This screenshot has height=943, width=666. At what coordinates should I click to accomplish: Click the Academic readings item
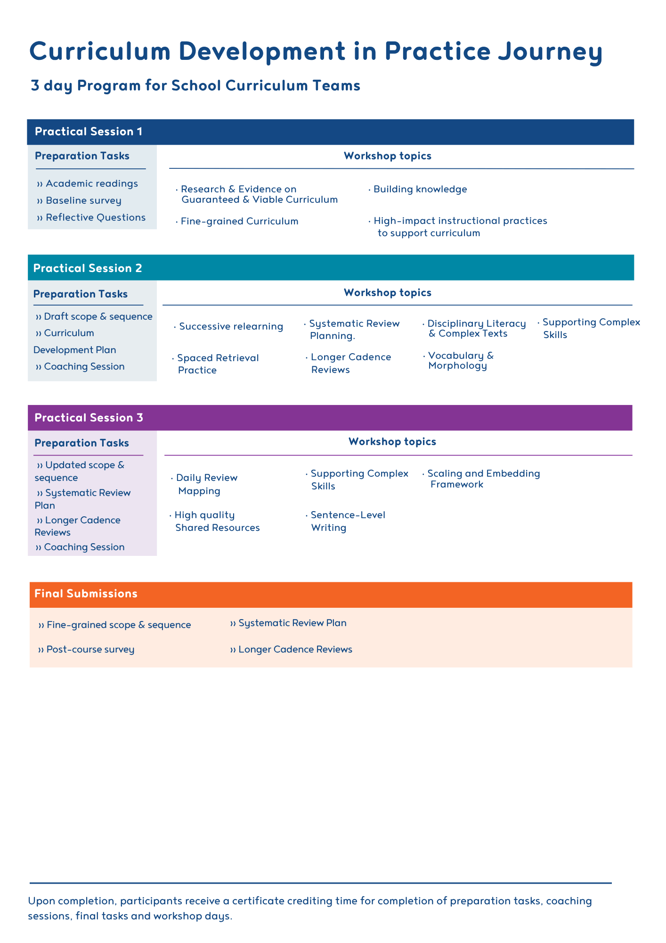pos(91,183)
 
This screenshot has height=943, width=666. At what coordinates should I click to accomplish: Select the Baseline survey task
pos(83,201)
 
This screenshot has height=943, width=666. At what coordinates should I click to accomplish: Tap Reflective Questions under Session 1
pos(95,217)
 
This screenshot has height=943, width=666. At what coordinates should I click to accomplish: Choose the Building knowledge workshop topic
pos(420,190)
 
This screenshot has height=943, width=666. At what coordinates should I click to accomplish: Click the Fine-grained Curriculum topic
pos(239,222)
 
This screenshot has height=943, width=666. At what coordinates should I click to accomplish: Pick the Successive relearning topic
pos(231,327)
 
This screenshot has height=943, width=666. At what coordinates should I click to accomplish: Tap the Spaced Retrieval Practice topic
pos(218,364)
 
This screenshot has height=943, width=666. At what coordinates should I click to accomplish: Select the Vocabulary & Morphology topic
pos(460,361)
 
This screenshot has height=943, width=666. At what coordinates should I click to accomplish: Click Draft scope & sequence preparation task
pos(98,316)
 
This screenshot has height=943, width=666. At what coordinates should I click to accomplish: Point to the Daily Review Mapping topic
pos(206,484)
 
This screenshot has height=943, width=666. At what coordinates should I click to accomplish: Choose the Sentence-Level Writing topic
pos(348,521)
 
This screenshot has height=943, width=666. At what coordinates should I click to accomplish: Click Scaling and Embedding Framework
pos(483,479)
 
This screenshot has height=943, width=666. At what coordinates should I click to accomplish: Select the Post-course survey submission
pos(90,650)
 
